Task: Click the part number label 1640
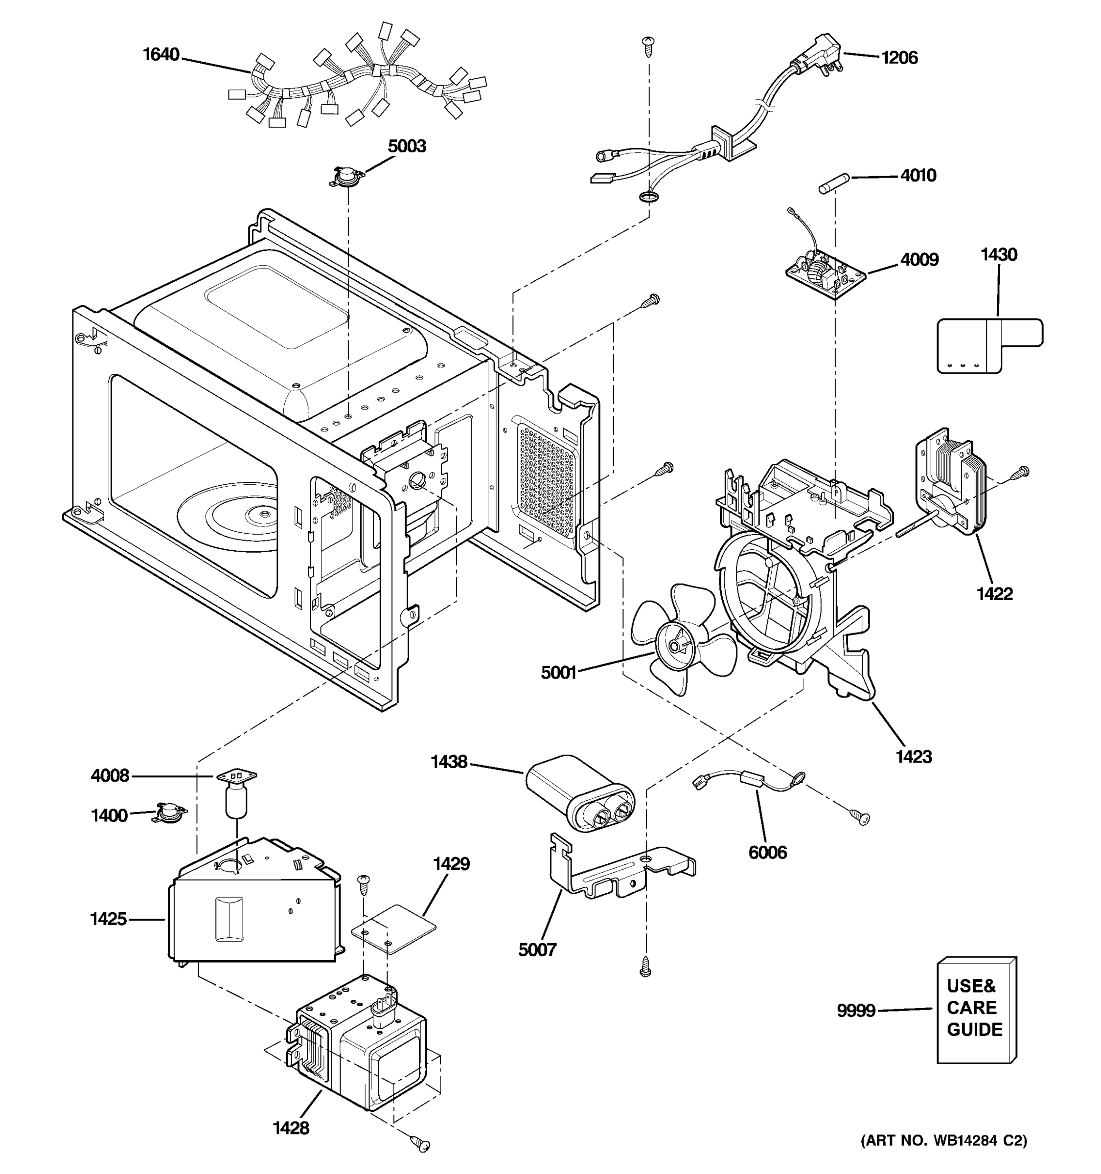tap(161, 55)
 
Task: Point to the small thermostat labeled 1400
tap(169, 813)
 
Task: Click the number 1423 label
tap(913, 756)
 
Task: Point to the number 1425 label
tap(108, 919)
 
